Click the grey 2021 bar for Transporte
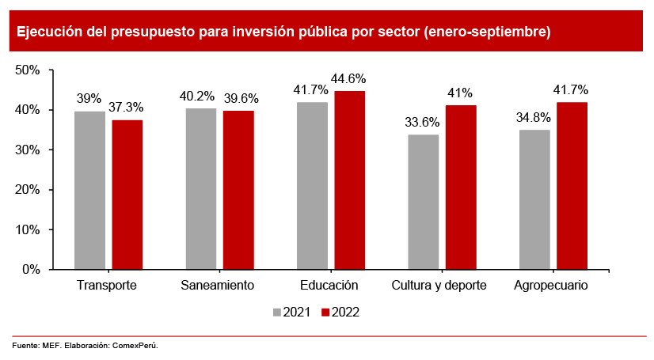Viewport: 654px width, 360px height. (x=89, y=190)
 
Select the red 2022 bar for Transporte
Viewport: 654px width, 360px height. (x=127, y=195)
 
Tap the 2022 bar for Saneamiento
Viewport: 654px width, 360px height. (x=238, y=190)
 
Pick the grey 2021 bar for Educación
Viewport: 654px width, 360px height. (x=312, y=186)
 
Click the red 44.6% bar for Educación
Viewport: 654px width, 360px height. (x=349, y=180)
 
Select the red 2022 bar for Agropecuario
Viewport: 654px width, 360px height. (x=572, y=186)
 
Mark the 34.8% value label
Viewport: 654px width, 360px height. (x=534, y=118)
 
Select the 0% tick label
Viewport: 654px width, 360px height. (x=30, y=270)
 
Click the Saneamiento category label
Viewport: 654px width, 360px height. (x=217, y=286)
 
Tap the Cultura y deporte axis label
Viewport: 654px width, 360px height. (x=439, y=286)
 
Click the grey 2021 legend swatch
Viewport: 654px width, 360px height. (x=276, y=313)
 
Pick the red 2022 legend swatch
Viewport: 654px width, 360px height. (x=325, y=313)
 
